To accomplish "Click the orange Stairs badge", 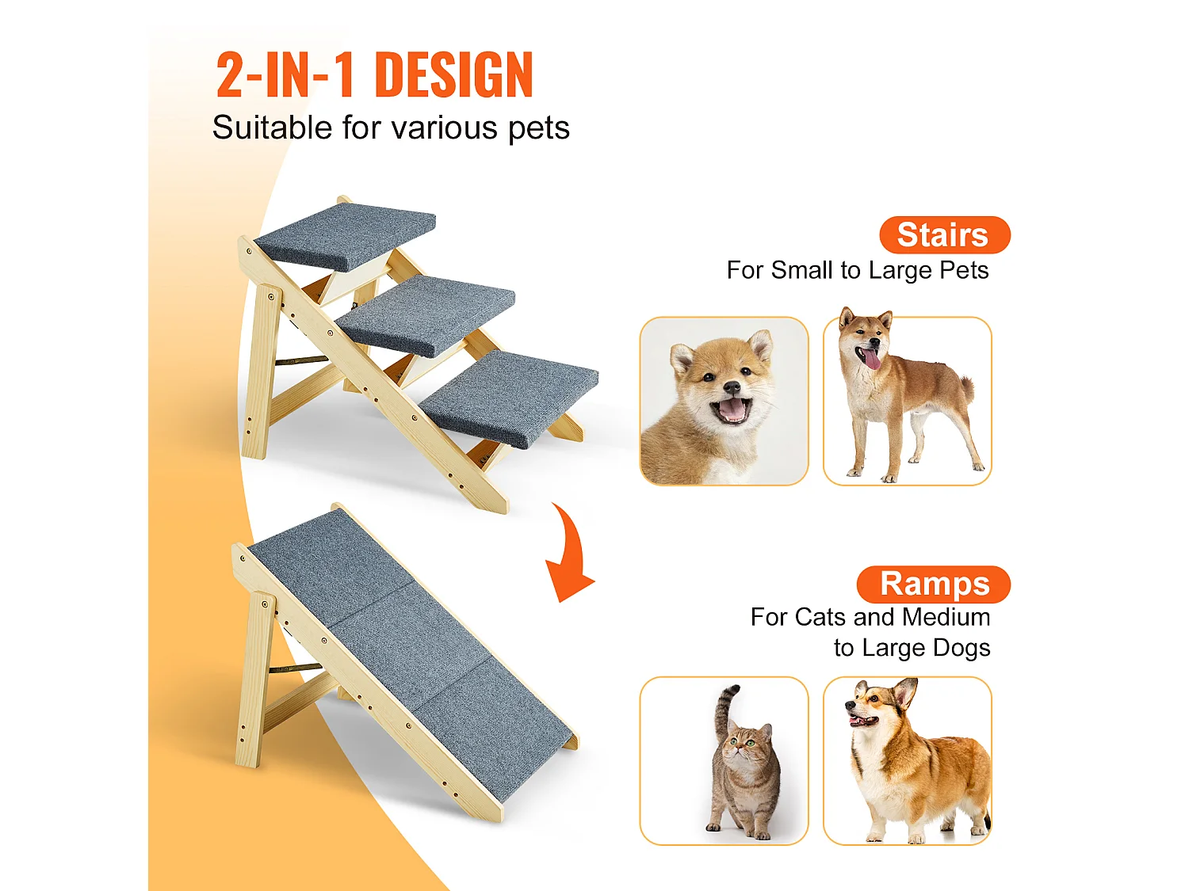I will coord(944,235).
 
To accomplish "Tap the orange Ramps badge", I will coord(933,584).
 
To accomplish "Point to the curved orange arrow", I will coord(568,554).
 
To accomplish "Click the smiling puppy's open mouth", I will coord(730,409).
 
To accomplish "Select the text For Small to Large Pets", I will coord(857,271).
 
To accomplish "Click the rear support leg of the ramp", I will coord(254,681).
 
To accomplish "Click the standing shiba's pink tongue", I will coord(871,360).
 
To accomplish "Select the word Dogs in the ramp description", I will coord(961,648).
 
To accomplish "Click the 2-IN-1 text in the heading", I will coord(285,76).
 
